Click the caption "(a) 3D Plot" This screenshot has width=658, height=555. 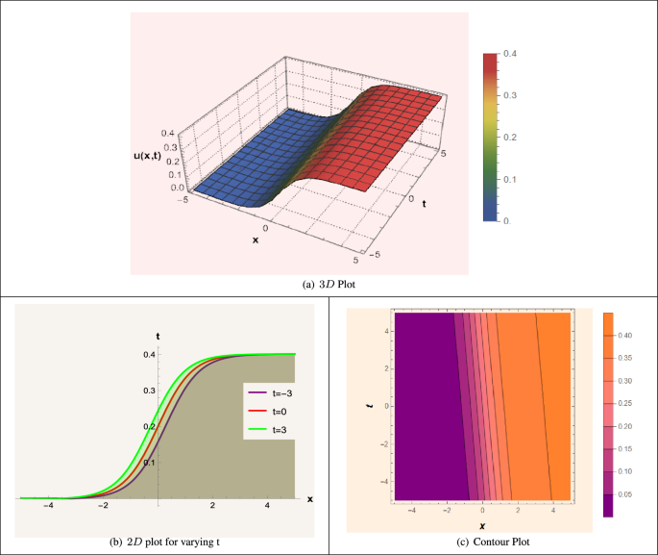click(329, 285)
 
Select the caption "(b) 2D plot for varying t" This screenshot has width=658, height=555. click(164, 543)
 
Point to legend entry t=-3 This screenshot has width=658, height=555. click(276, 393)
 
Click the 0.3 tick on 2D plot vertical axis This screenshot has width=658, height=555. click(147, 391)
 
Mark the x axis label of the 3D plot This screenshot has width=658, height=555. click(256, 240)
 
